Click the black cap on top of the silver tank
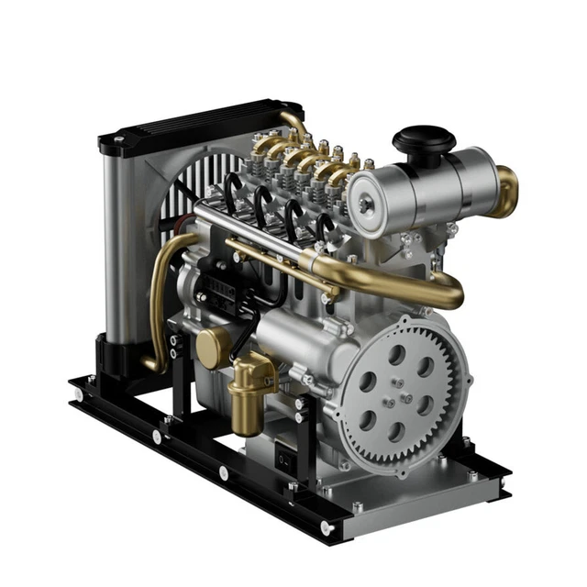[423, 141]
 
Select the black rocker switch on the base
[285, 456]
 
